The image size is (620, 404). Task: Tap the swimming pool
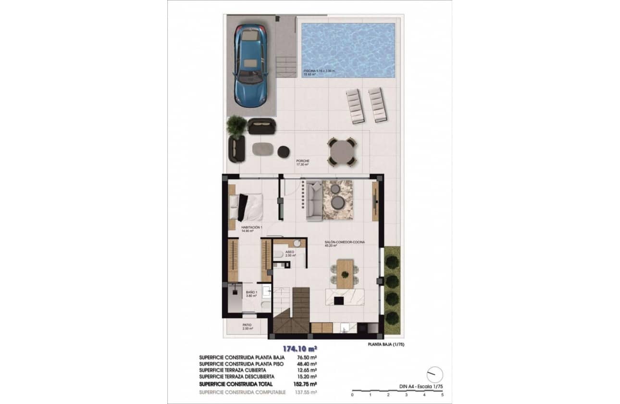pos(348,50)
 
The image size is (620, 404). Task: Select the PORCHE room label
pos(303,162)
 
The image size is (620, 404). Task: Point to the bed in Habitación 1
pos(246,207)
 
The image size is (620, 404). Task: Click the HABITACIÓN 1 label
pos(251,227)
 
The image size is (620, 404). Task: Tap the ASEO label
pos(289,252)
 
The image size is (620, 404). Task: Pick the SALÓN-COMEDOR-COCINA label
pos(344,243)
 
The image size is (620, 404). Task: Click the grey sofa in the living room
pos(314,201)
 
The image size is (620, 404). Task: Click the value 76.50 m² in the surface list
pos(307,358)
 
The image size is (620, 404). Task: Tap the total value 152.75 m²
pos(305,384)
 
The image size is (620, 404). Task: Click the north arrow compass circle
pos(434,374)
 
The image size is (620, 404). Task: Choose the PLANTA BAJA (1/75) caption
pos(384,344)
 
